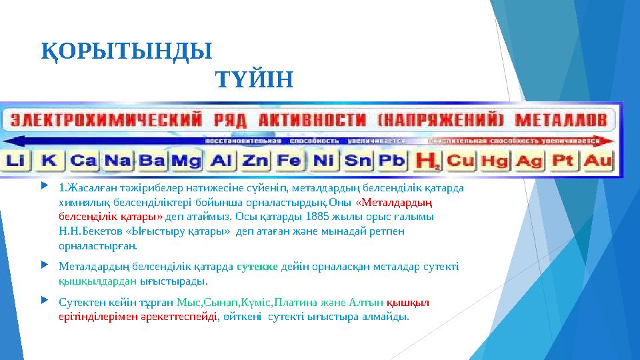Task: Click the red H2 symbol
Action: pos(427,161)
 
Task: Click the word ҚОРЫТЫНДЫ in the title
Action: pos(126,51)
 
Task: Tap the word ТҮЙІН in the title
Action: pos(254,81)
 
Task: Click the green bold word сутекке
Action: pos(259,267)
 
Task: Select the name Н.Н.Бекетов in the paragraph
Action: pos(86,231)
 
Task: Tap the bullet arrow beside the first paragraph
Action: pos(45,187)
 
